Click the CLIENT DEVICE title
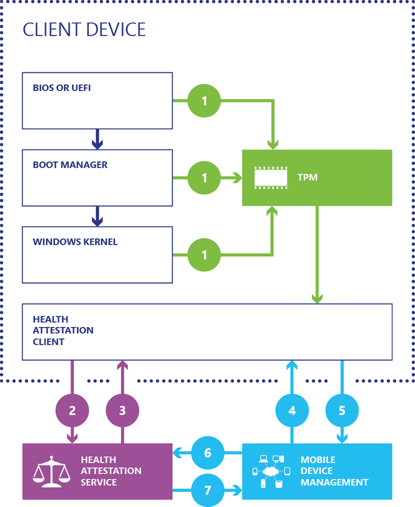click(84, 29)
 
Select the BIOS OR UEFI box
click(97, 101)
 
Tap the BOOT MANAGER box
click(97, 178)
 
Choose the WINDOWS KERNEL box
click(97, 255)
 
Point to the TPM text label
click(307, 177)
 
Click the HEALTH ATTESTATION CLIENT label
click(63, 331)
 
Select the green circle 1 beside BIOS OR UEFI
click(204, 100)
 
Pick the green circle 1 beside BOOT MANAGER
click(204, 177)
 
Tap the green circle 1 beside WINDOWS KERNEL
click(204, 254)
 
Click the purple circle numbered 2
click(72, 411)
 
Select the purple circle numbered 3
click(123, 411)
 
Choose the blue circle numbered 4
click(292, 411)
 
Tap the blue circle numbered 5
click(342, 411)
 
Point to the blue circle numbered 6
click(208, 453)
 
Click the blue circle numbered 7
click(208, 490)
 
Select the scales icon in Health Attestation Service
click(52, 471)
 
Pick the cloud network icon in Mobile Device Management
click(270, 471)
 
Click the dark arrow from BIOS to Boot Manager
click(97, 140)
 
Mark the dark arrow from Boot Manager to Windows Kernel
click(97, 217)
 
